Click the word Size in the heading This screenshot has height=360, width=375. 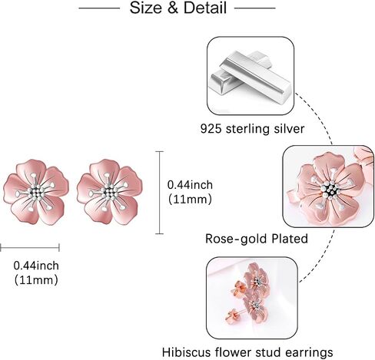[146, 8]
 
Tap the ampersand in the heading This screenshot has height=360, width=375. [173, 8]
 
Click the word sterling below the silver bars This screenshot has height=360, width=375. [247, 128]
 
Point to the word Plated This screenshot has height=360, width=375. [290, 239]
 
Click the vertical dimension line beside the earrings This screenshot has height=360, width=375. [160, 193]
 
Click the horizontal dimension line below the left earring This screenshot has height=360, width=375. [30, 247]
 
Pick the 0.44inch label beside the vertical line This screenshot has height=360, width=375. [190, 185]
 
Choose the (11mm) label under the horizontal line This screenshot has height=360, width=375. [36, 280]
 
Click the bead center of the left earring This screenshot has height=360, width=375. [37, 193]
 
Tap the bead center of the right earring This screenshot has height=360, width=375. [110, 193]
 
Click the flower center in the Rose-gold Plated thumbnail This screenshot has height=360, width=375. [330, 190]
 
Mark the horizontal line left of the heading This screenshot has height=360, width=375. [99, 8]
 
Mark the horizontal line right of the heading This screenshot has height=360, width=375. [255, 8]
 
